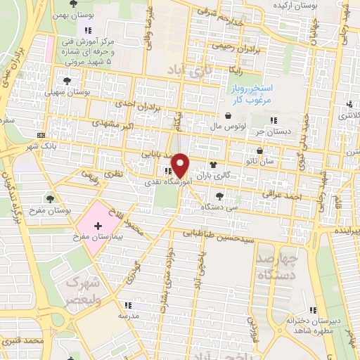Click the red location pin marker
pyautogui.click(x=181, y=165)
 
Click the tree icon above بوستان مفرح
pyautogui.click(x=49, y=198)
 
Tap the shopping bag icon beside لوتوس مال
pyautogui.click(x=229, y=117)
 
